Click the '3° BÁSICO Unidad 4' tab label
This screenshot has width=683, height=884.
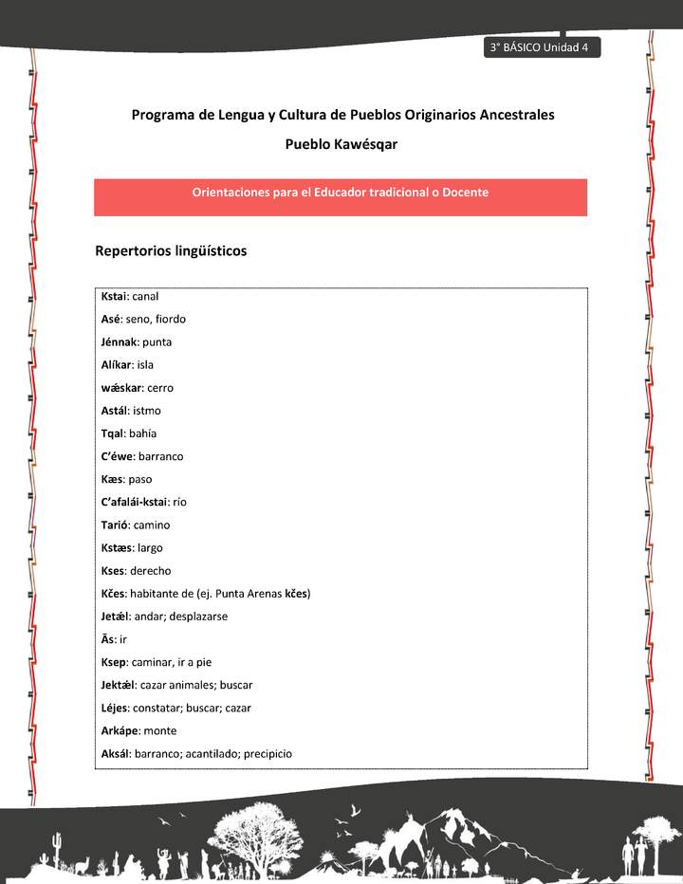tap(540, 48)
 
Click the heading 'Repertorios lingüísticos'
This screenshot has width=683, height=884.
tap(171, 251)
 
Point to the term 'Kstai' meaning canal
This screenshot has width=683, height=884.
tap(113, 296)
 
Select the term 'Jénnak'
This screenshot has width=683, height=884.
tap(119, 342)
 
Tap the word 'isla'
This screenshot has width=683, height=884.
tap(145, 365)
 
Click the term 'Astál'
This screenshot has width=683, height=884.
tap(114, 411)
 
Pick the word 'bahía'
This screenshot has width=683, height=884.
tap(142, 433)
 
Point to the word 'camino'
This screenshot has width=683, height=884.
tap(153, 525)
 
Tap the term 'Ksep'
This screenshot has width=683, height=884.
tap(113, 662)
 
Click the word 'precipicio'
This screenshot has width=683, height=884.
tap(268, 753)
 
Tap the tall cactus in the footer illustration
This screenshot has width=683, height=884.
tap(58, 843)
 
